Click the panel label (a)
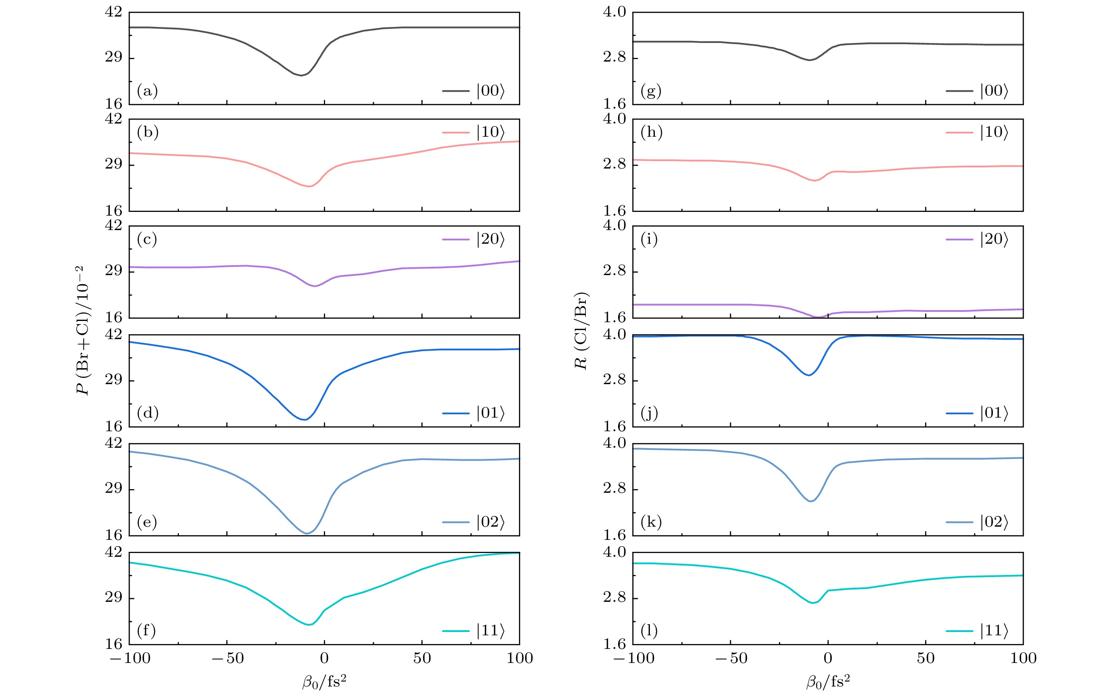[x=147, y=91]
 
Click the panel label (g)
[x=651, y=91]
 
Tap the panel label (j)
[x=649, y=413]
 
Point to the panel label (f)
[x=147, y=630]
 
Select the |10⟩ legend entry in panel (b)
[x=473, y=132]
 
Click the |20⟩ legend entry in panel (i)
[x=977, y=239]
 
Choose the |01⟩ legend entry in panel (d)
[x=473, y=413]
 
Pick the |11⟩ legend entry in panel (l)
[x=977, y=631]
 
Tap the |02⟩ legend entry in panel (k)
[x=977, y=522]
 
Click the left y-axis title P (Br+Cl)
[x=83, y=330]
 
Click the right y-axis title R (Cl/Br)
[x=581, y=330]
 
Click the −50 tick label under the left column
[x=227, y=658]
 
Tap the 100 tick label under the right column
[x=1023, y=658]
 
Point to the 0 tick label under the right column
[x=828, y=658]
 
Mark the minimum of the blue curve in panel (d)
[x=304, y=420]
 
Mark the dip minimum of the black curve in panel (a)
[x=301, y=75]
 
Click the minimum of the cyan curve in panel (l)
[x=813, y=603]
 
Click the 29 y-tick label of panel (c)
[x=114, y=271]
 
